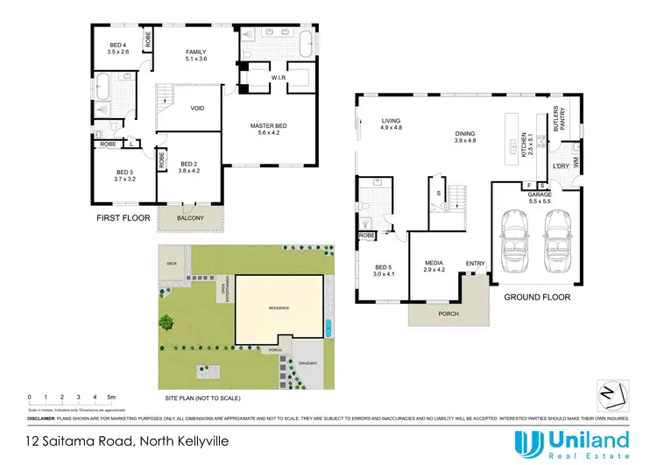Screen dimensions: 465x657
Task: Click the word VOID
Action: pos(198,109)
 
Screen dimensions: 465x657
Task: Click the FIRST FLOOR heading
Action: pos(124,217)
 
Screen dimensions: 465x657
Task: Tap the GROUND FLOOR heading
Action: pos(536,298)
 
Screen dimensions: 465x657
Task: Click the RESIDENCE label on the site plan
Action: pos(280,308)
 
